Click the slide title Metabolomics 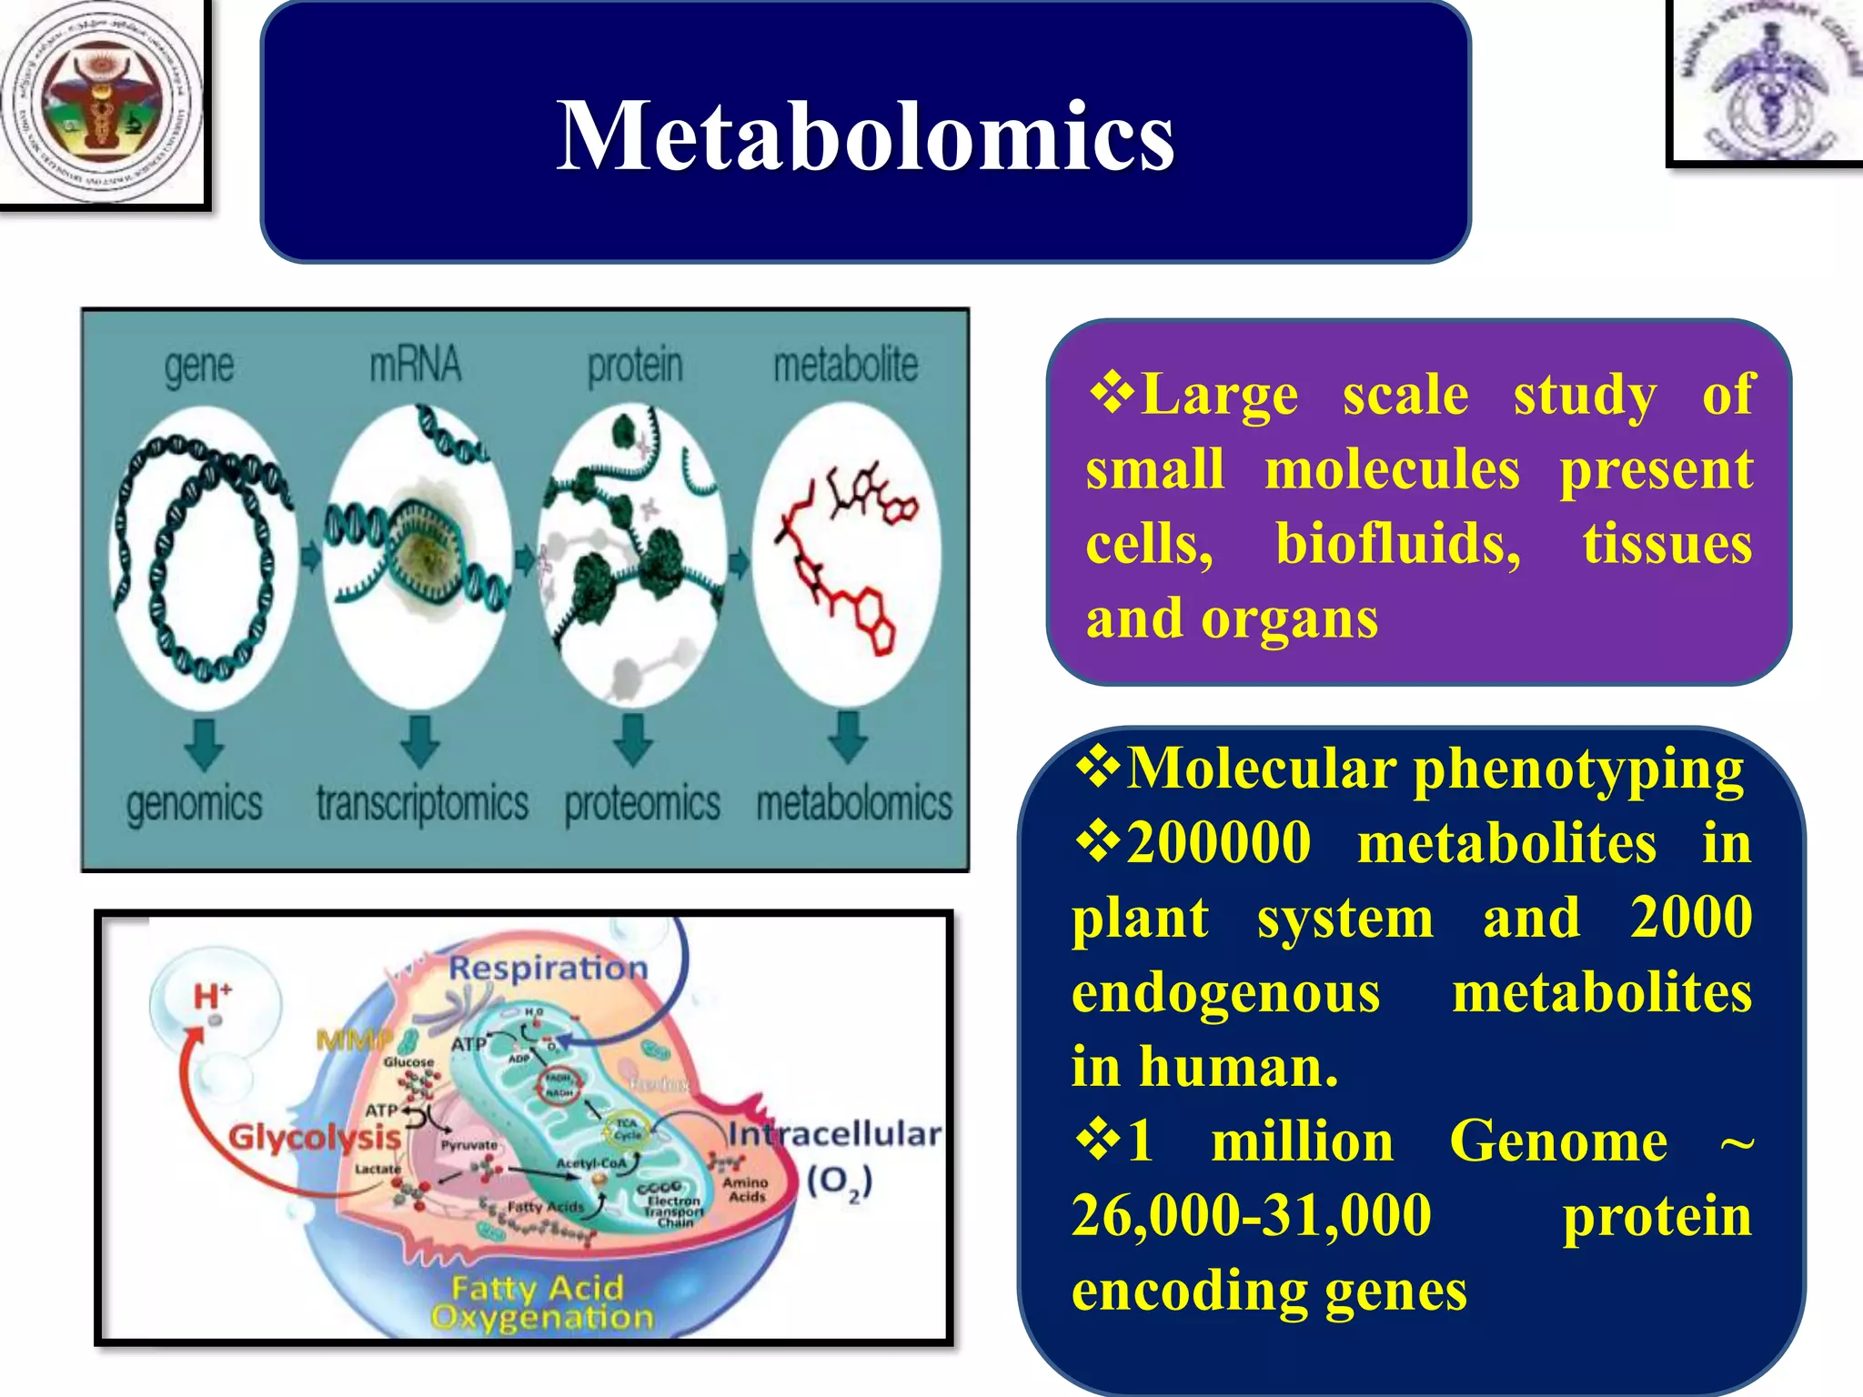click(865, 136)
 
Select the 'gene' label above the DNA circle click(199, 366)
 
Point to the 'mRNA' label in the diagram click(415, 364)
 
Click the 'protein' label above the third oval click(634, 366)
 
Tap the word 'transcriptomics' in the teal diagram click(422, 804)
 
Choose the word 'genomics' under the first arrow click(194, 804)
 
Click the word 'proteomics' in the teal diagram click(642, 804)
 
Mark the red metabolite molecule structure click(841, 555)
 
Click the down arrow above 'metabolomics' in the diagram click(848, 737)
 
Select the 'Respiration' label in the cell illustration click(548, 968)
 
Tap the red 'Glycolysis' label click(314, 1137)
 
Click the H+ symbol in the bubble click(213, 996)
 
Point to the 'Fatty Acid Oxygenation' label click(541, 1302)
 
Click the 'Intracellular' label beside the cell click(834, 1134)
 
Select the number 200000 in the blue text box click(1219, 843)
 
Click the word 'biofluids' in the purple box click(1397, 544)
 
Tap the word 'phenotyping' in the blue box click(1578, 769)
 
